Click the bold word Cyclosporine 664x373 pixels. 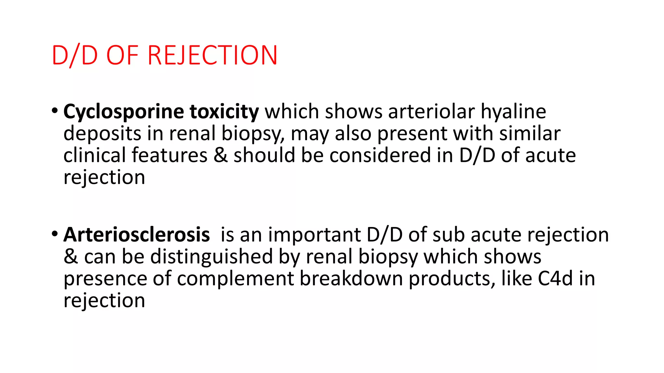[x=124, y=112]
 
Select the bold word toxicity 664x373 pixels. [x=224, y=112]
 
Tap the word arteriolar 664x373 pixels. [x=431, y=112]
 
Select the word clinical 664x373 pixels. [x=94, y=156]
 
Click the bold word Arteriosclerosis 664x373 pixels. [x=136, y=235]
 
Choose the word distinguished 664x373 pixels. [x=211, y=257]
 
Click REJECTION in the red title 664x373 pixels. [x=212, y=55]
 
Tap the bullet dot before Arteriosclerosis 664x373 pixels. [x=55, y=234]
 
